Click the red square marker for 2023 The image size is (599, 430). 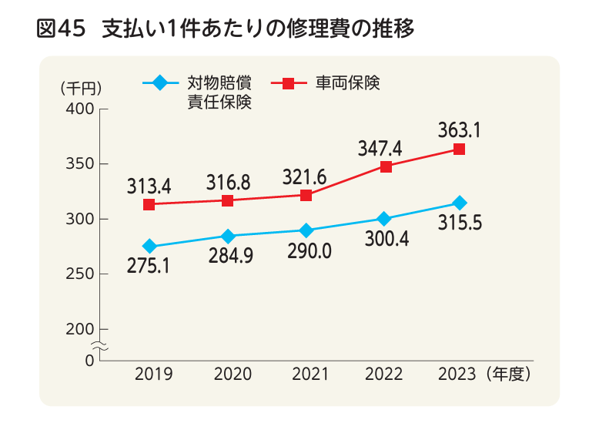(x=459, y=149)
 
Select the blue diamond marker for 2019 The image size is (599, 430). (x=149, y=247)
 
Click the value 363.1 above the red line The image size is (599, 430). (x=459, y=129)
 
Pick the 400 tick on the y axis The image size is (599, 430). (x=81, y=109)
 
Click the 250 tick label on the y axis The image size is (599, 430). (x=81, y=274)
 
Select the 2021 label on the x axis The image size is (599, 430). (x=310, y=375)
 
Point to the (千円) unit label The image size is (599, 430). (x=80, y=87)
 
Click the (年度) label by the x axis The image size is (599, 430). (x=508, y=375)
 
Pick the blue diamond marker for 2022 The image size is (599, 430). (x=384, y=219)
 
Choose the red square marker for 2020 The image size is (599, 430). (x=228, y=200)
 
